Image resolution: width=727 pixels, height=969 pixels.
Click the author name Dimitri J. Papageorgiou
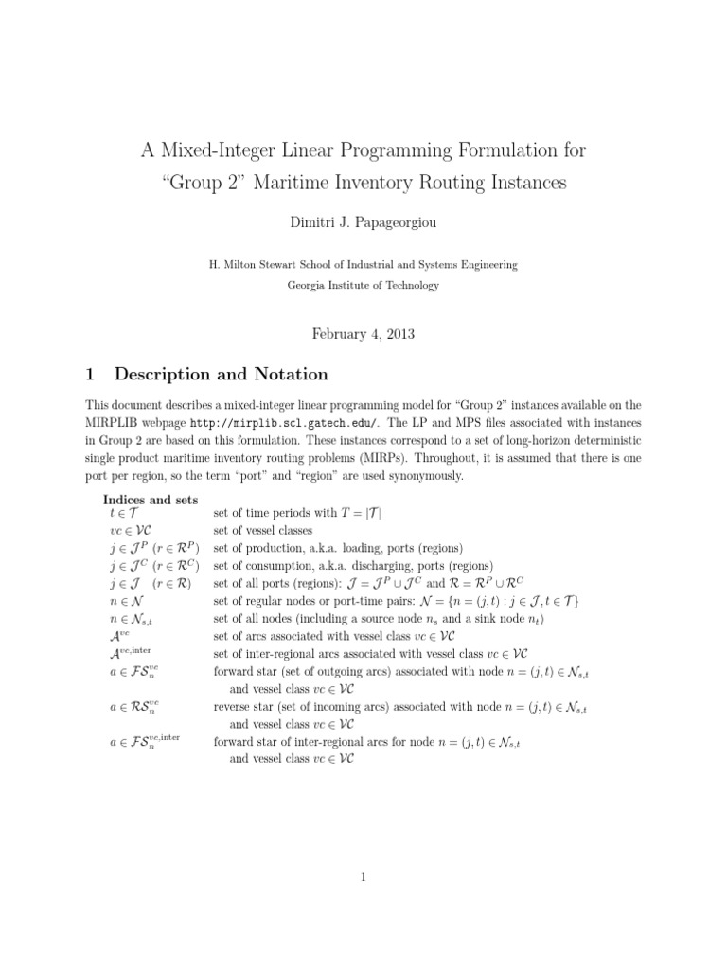tap(363, 222)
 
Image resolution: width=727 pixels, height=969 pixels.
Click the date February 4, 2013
tap(363, 334)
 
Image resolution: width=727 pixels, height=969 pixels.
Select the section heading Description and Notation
tap(233, 374)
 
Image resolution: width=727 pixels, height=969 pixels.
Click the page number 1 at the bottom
tap(363, 877)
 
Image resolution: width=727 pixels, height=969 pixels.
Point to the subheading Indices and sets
tap(151, 499)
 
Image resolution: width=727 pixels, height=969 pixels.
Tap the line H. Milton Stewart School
tap(363, 265)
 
